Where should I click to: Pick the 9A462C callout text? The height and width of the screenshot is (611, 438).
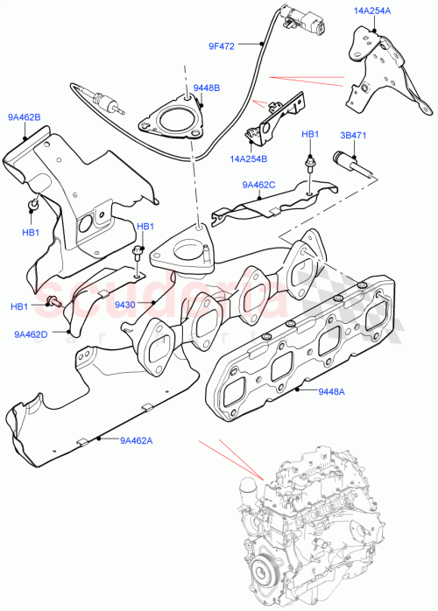(258, 185)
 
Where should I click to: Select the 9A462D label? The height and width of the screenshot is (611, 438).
(31, 334)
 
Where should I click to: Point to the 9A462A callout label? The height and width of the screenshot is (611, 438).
(136, 440)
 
